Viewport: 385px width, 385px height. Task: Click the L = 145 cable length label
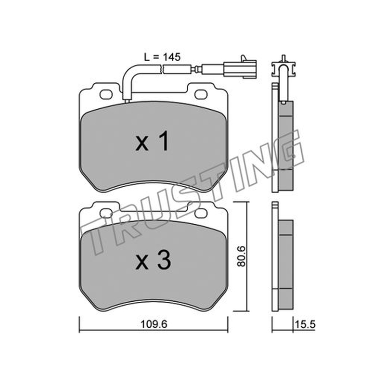tap(162, 57)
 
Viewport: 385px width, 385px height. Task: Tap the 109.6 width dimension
tap(154, 324)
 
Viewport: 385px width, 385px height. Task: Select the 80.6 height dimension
tap(242, 257)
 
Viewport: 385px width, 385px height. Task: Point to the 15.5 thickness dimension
tap(305, 324)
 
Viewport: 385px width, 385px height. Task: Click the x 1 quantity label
tap(152, 141)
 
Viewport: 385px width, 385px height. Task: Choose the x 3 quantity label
tap(153, 261)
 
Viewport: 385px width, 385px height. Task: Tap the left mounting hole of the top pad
tap(106, 94)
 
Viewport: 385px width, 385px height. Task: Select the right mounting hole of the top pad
tap(201, 94)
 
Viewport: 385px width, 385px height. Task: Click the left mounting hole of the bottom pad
tap(106, 213)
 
